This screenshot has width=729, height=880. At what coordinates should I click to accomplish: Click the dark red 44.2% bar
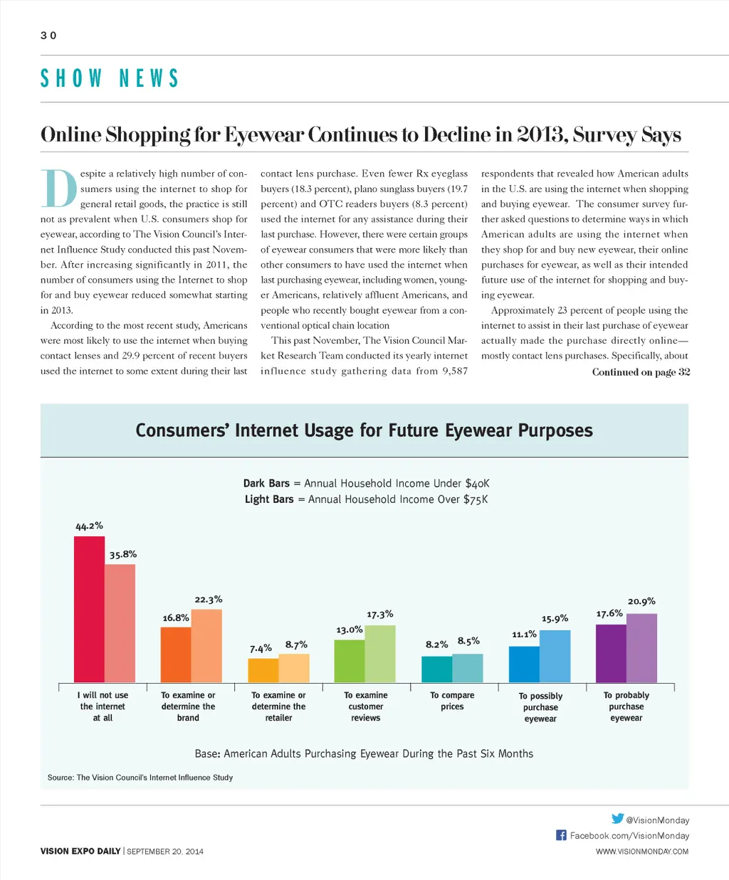(x=89, y=610)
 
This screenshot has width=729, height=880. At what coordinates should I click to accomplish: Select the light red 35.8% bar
(x=120, y=624)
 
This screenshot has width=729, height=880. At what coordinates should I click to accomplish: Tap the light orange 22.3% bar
(x=206, y=646)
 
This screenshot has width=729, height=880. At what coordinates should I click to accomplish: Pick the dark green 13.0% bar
(x=349, y=662)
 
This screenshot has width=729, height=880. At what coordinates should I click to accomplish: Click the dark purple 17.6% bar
(x=611, y=654)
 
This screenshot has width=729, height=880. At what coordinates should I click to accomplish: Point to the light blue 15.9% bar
(x=555, y=657)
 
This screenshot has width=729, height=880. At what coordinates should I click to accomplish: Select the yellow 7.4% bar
(x=263, y=671)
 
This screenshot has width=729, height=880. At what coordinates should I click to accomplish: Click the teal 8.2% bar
(x=436, y=669)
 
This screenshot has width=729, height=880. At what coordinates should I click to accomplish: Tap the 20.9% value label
(x=641, y=601)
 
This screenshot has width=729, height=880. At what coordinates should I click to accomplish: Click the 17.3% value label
(x=380, y=614)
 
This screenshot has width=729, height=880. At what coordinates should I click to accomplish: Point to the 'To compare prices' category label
(x=452, y=701)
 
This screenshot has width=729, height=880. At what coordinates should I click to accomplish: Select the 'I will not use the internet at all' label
(x=103, y=706)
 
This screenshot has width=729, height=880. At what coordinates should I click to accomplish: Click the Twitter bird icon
(x=617, y=819)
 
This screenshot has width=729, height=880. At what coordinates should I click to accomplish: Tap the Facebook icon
(x=561, y=835)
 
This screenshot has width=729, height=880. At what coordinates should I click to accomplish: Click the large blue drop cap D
(x=58, y=189)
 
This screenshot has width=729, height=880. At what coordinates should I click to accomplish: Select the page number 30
(x=48, y=36)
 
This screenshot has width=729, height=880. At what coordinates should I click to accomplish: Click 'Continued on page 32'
(x=641, y=372)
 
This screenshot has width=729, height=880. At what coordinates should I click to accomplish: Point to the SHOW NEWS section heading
(x=109, y=78)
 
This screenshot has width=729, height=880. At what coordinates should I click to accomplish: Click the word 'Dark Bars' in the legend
(x=266, y=483)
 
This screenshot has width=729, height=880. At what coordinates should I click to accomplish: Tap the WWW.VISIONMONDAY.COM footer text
(x=642, y=852)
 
